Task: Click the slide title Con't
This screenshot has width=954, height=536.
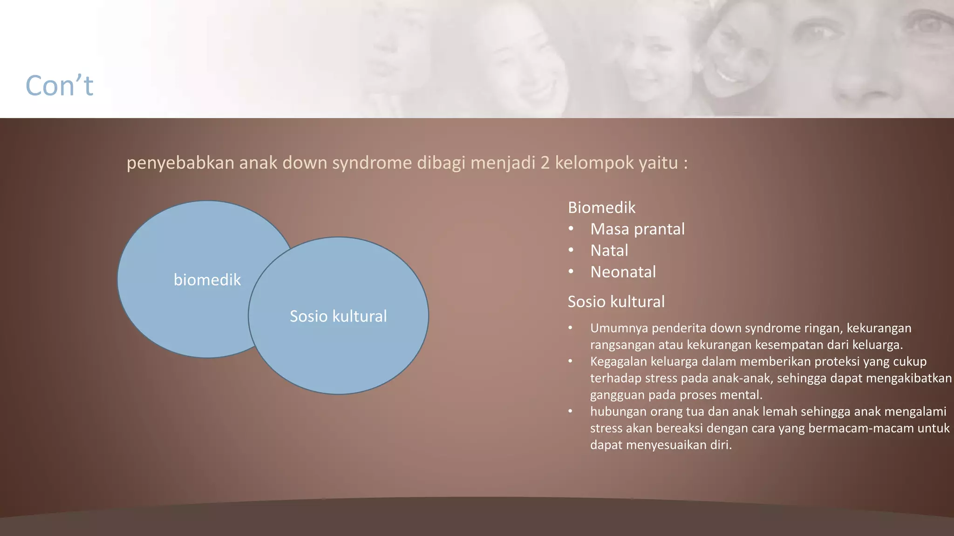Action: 59,86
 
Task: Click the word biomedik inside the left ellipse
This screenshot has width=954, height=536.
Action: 207,280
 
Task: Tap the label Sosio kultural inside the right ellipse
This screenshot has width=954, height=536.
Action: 338,316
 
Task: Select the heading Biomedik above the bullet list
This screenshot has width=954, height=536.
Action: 601,208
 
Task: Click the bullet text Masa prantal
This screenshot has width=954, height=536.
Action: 637,229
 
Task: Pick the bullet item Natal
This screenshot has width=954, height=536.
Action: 609,250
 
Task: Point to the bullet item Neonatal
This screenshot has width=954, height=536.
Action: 623,272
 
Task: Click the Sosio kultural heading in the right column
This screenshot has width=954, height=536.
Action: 616,302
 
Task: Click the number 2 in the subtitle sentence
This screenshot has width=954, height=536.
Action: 545,163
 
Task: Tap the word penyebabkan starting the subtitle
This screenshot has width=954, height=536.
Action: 180,163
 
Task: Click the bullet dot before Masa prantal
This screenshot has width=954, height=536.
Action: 571,229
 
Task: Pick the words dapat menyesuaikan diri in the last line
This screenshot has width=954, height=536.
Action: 661,445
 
